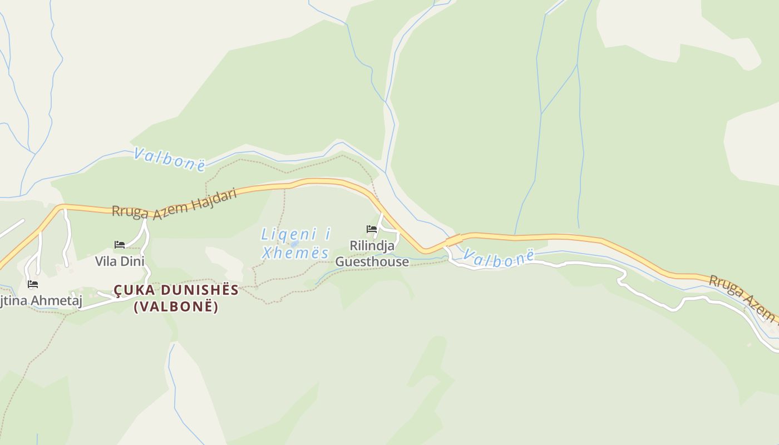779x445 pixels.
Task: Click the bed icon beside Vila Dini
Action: tap(120, 245)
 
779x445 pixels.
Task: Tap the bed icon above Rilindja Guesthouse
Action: tap(372, 229)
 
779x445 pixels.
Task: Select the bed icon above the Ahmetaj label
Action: tap(33, 284)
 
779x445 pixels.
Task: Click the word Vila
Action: tap(106, 261)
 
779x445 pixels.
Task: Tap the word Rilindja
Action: tap(372, 245)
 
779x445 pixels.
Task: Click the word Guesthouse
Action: tap(372, 261)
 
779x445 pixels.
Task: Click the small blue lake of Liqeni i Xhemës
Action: tap(294, 244)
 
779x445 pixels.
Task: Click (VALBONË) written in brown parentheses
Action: tap(176, 306)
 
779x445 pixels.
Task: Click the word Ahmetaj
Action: tap(56, 301)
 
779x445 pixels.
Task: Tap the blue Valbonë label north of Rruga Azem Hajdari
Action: tap(169, 159)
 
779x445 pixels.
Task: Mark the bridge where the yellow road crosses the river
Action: tap(453, 240)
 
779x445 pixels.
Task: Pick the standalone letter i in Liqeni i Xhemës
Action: tap(327, 235)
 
